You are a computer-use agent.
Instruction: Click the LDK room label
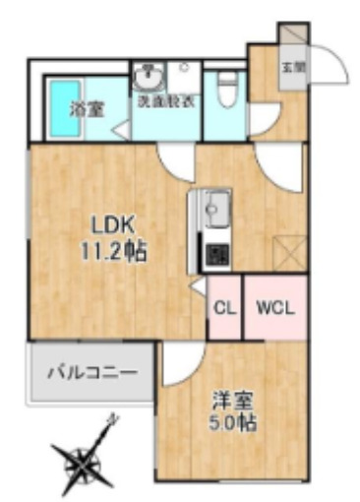pos(107,223)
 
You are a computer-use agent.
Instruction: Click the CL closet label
pos(224,307)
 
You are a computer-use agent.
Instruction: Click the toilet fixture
pos(226,89)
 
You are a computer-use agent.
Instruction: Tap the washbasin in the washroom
pos(150,76)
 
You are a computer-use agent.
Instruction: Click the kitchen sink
pos(214,209)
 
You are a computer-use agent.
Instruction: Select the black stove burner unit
pos(214,254)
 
